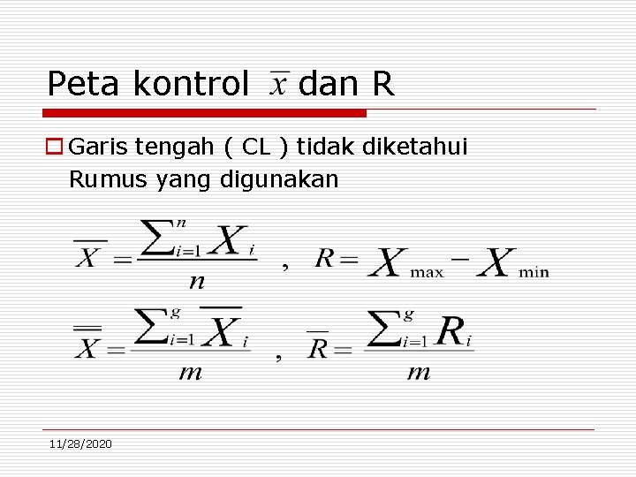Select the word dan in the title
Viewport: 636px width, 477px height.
click(328, 84)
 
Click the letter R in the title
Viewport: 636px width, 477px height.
click(382, 84)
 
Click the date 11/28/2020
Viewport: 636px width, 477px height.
click(81, 443)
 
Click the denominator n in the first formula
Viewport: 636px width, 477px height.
click(197, 281)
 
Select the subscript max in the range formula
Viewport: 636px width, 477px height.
click(427, 272)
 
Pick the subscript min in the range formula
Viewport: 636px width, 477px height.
click(534, 272)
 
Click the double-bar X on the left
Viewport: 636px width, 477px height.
click(87, 344)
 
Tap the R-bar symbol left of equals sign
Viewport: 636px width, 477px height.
click(317, 345)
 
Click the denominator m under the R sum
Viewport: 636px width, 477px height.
click(418, 372)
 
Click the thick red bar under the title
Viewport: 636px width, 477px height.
click(204, 113)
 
